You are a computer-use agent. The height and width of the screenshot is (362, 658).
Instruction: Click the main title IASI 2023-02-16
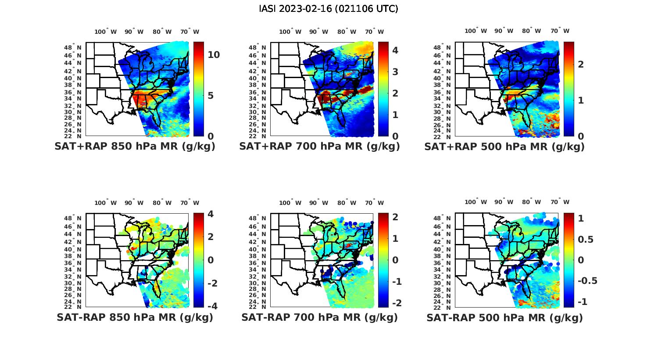[x=329, y=9]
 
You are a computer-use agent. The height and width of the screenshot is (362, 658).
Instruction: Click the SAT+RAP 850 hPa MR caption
[x=135, y=147]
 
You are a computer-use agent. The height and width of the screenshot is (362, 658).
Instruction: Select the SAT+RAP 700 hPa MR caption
[x=319, y=147]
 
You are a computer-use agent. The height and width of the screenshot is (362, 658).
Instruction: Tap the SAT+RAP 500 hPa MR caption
[x=504, y=147]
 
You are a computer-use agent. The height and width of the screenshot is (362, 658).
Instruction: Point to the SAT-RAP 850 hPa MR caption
[x=135, y=317]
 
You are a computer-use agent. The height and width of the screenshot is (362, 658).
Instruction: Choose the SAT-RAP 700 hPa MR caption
[x=319, y=317]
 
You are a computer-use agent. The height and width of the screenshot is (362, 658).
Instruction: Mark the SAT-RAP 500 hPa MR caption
[x=504, y=317]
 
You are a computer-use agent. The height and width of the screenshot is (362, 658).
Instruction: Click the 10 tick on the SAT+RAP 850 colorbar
[x=214, y=55]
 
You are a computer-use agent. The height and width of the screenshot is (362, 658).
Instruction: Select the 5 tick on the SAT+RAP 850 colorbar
[x=211, y=96]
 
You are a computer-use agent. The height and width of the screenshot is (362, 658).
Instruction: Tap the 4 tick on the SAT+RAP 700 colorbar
[x=395, y=50]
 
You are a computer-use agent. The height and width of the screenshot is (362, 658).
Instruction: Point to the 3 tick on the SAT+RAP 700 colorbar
[x=395, y=72]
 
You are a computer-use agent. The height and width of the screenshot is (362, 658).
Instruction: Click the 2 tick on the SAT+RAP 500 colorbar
[x=581, y=65]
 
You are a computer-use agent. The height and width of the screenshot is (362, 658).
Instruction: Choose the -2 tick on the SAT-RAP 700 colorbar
[x=396, y=303]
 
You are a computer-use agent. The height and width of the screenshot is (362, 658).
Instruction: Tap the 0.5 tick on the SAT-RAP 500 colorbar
[x=586, y=239]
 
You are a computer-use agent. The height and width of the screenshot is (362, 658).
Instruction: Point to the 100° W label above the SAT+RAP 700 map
[x=290, y=32]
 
